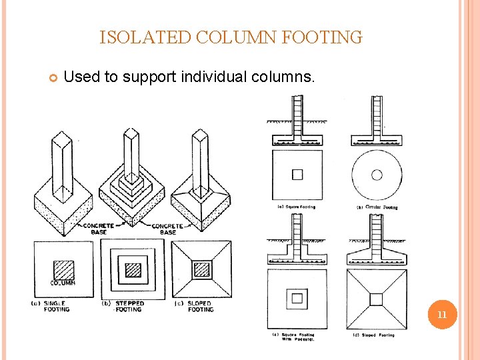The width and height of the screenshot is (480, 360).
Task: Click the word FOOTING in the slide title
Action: pyautogui.click(x=322, y=37)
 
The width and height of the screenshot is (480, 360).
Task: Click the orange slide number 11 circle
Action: pyautogui.click(x=441, y=314)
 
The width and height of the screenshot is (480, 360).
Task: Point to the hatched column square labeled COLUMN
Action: pyautogui.click(x=64, y=269)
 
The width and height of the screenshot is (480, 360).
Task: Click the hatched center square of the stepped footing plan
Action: pyautogui.click(x=133, y=270)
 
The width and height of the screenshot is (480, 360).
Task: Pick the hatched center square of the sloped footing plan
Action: pyautogui.click(x=201, y=269)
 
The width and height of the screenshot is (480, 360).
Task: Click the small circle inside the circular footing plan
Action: pyautogui.click(x=377, y=175)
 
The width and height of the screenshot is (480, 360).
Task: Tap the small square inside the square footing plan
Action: pyautogui.click(x=297, y=175)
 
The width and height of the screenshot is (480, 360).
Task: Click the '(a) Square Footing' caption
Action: pyautogui.click(x=297, y=207)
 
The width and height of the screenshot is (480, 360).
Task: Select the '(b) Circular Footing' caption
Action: pyautogui.click(x=377, y=207)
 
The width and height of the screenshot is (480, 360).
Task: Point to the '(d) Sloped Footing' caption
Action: pyautogui.click(x=373, y=335)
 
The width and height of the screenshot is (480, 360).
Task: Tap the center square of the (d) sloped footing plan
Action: pyautogui.click(x=376, y=299)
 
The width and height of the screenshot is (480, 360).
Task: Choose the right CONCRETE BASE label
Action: pyautogui.click(x=167, y=229)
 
